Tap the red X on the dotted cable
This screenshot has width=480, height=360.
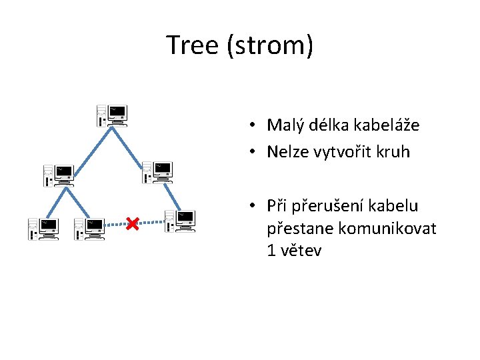coord(132,223)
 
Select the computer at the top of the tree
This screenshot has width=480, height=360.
coord(112,115)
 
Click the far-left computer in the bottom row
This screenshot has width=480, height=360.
coord(43,229)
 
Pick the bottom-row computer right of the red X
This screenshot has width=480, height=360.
coord(180,221)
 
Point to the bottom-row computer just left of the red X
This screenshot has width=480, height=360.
coord(89,229)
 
